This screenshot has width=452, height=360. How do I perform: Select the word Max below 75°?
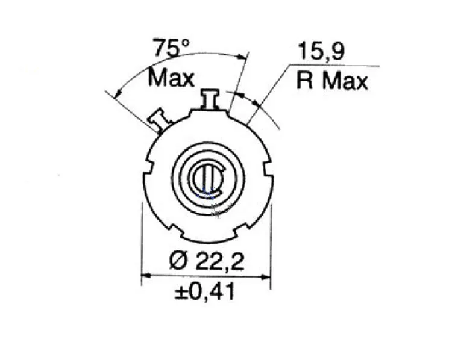click(x=172, y=78)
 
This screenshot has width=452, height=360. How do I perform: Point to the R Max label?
click(x=331, y=81)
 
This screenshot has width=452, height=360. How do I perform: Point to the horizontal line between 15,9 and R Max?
click(x=331, y=66)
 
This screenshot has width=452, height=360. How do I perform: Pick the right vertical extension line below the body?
click(x=271, y=241)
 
